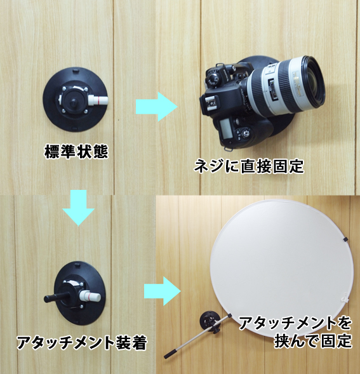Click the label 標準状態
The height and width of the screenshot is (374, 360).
(76, 152)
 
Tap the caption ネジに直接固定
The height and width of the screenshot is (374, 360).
(248, 166)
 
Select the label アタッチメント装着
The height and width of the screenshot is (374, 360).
(82, 342)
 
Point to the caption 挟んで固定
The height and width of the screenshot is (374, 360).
(313, 341)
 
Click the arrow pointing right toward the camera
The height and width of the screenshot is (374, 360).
(157, 107)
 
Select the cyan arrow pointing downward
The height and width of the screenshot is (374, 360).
(79, 208)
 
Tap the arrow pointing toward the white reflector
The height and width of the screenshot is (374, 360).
(162, 291)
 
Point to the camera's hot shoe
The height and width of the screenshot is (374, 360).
(210, 104)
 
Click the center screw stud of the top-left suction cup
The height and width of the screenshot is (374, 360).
(74, 104)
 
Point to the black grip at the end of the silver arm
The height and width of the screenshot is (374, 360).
(171, 354)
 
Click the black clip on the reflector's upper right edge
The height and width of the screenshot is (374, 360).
(345, 239)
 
